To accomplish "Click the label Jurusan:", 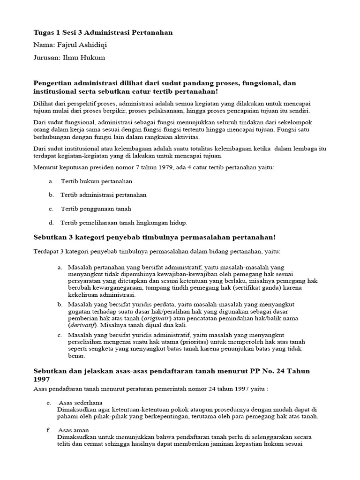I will tap(48, 58).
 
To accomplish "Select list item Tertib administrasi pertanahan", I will tap(104, 195).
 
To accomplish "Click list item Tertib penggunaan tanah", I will tap(96, 209).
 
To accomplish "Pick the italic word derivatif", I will tap(82, 325).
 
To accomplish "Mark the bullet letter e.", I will tap(49, 403).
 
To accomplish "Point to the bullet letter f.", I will tap(48, 430).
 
